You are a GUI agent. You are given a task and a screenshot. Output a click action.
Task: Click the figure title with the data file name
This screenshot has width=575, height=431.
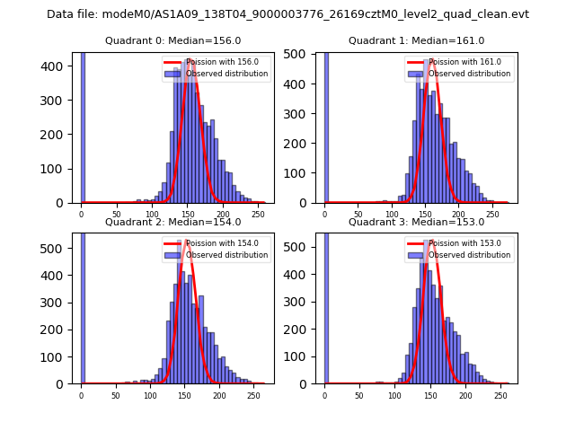287,14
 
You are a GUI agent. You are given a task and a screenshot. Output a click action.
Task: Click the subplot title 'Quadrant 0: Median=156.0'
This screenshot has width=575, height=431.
172,40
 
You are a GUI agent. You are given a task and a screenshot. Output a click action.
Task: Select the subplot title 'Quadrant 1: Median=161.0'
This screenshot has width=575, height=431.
416,40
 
